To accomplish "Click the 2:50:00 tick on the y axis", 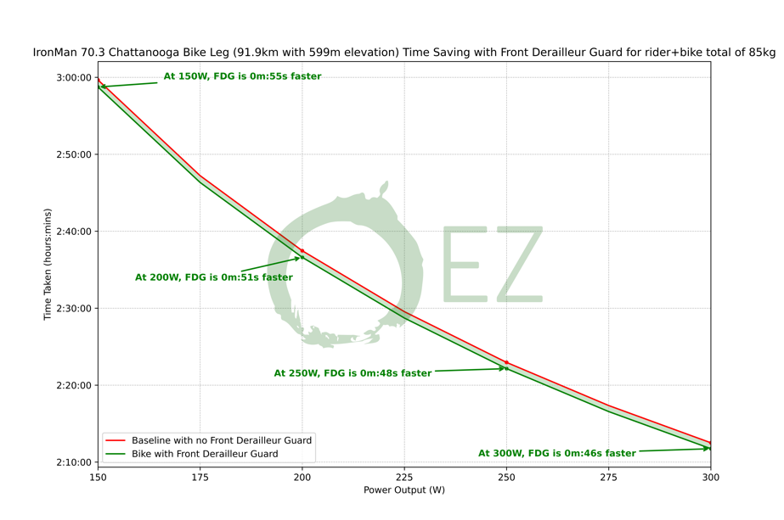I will [x=73, y=154].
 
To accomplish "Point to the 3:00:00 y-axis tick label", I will [x=73, y=77].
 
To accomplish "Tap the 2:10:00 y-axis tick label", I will [x=73, y=462].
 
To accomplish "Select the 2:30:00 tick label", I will [x=73, y=309].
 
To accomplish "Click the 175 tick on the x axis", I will [x=200, y=478].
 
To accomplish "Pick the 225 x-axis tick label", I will [x=404, y=478].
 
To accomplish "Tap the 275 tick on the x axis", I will [x=608, y=478].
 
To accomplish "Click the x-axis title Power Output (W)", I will [x=404, y=490].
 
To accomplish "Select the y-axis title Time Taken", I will [x=48, y=265].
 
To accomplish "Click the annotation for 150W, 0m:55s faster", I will [x=242, y=76].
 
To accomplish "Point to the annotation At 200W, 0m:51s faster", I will [x=213, y=277].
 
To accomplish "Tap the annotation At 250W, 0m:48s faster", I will [x=353, y=373].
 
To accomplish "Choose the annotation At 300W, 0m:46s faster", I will [x=556, y=454].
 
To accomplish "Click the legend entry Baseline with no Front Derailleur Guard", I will [x=221, y=440].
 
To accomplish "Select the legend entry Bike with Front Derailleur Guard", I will [x=204, y=454].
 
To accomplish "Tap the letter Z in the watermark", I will [x=516, y=264].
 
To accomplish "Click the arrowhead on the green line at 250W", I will [x=505, y=368].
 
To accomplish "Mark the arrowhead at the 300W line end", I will [x=708, y=449].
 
